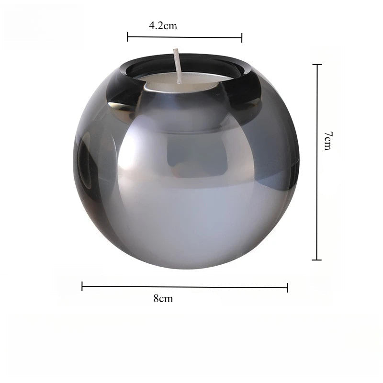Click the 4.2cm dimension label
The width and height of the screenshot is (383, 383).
point(163,26)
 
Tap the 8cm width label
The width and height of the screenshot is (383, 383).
point(163,298)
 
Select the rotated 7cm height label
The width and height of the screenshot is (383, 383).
point(328,141)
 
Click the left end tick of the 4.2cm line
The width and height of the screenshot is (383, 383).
point(127,37)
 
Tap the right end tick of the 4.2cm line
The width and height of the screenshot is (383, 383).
point(242,38)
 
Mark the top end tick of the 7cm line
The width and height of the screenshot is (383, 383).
point(317,65)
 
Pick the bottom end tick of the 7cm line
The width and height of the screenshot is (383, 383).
point(317,260)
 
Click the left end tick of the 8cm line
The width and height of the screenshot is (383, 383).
point(82,286)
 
